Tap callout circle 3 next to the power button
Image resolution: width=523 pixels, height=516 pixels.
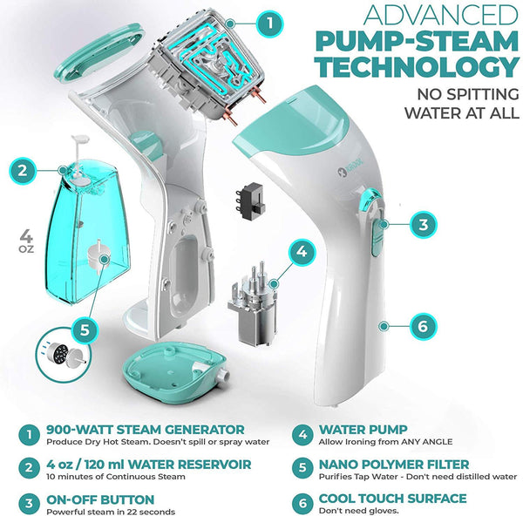click(x=422, y=224)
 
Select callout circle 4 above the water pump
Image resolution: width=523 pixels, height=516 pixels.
click(x=301, y=253)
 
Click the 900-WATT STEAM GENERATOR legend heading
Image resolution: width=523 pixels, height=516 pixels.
click(x=134, y=429)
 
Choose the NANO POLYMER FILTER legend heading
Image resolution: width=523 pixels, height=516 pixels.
click(x=396, y=464)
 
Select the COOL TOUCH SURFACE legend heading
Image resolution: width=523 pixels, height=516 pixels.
click(x=391, y=499)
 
